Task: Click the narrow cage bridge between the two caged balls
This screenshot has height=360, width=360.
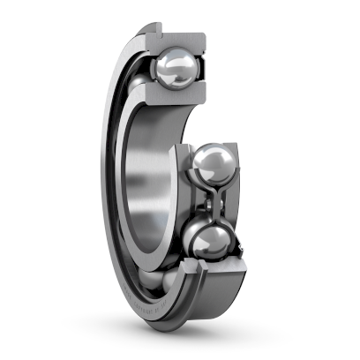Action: [x=213, y=202]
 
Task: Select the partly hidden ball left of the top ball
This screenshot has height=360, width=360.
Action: [x=141, y=84]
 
